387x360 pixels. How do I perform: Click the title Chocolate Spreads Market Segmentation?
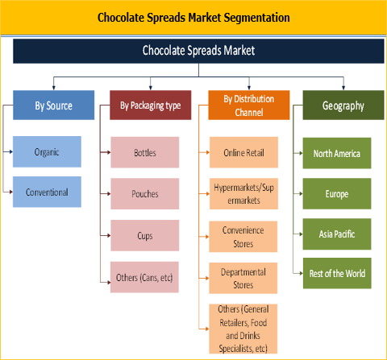pyautogui.click(x=193, y=16)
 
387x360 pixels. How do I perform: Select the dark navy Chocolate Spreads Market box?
pyautogui.click(x=198, y=51)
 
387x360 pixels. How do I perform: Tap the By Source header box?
pyautogui.click(x=53, y=106)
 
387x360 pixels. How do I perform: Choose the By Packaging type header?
pyautogui.click(x=150, y=106)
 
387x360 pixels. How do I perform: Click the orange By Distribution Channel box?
pyautogui.click(x=250, y=106)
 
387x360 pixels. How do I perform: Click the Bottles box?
pyautogui.click(x=145, y=152)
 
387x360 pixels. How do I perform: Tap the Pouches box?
pyautogui.click(x=145, y=193)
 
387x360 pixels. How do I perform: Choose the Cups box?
pyautogui.click(x=145, y=235)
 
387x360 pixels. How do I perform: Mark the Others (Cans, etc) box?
pyautogui.click(x=145, y=278)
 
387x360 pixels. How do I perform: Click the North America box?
pyautogui.click(x=337, y=152)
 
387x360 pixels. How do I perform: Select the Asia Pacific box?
pyautogui.click(x=337, y=234)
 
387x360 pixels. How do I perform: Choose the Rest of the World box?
pyautogui.click(x=337, y=274)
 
